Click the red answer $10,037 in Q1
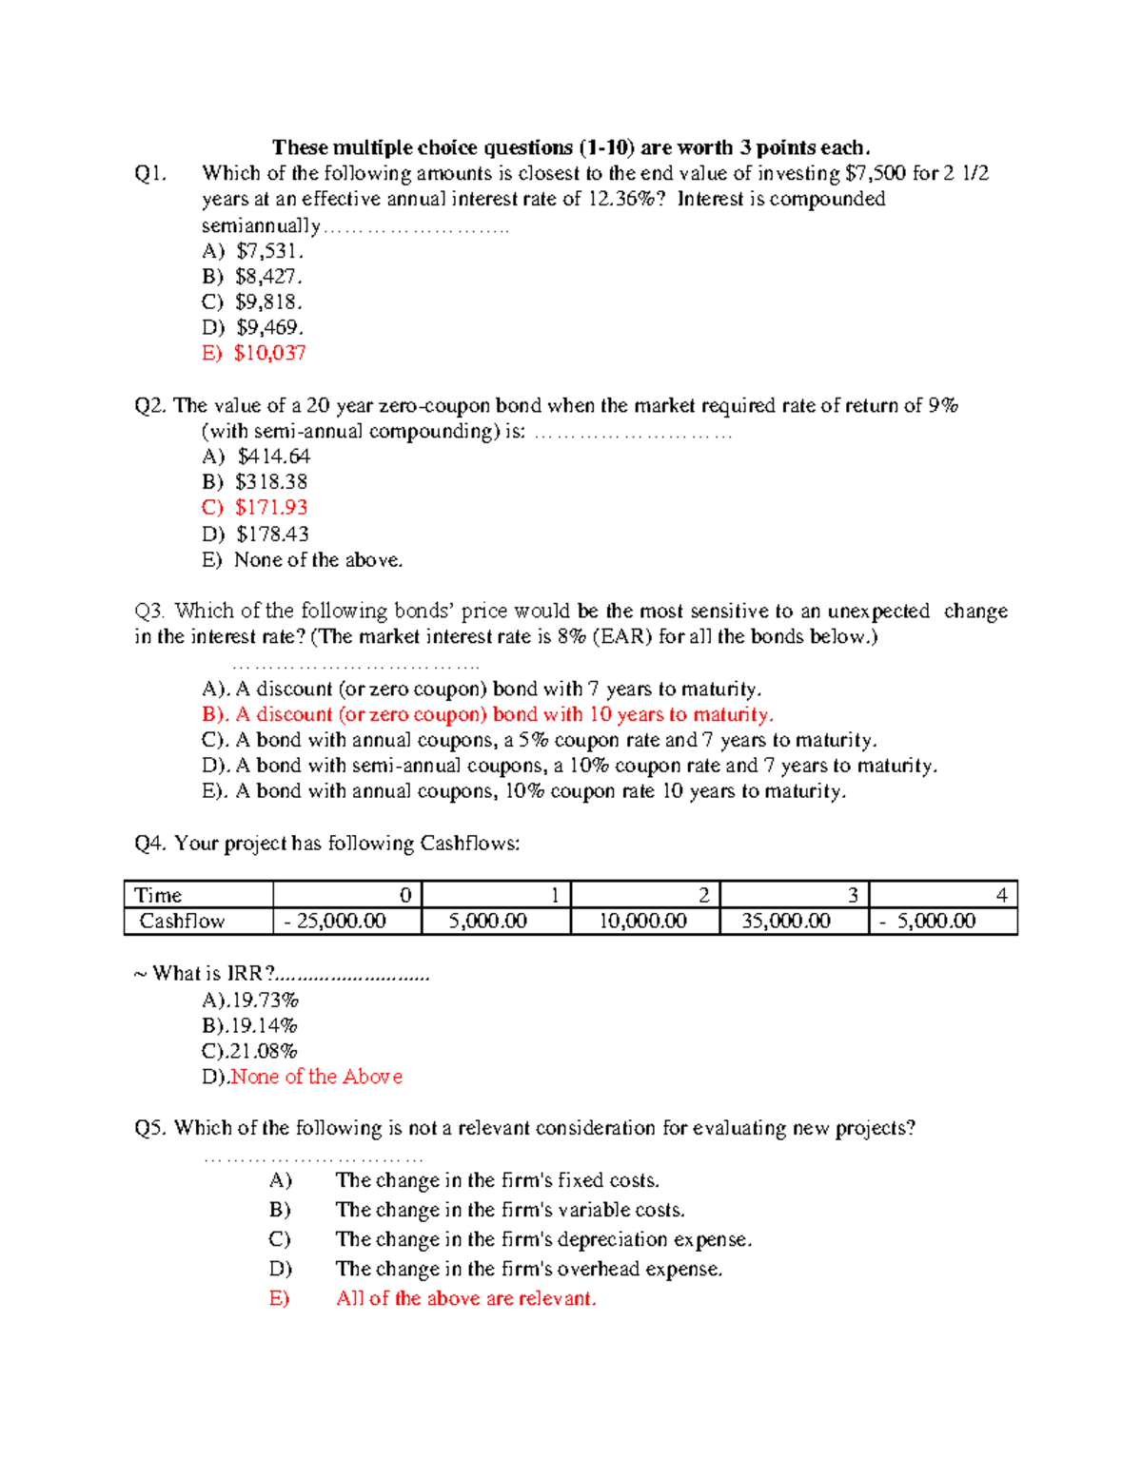point(269,353)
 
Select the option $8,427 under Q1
point(268,277)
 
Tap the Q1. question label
point(151,173)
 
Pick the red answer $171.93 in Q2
point(271,508)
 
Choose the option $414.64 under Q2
point(273,457)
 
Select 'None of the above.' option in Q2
point(318,560)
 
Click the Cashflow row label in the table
point(182,921)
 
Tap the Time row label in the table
point(158,895)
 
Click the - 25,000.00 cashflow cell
point(335,921)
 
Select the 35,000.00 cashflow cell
point(785,921)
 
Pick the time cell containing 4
point(1001,895)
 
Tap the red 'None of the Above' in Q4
point(316,1077)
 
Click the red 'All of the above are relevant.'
point(465,1298)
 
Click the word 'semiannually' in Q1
point(261,225)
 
